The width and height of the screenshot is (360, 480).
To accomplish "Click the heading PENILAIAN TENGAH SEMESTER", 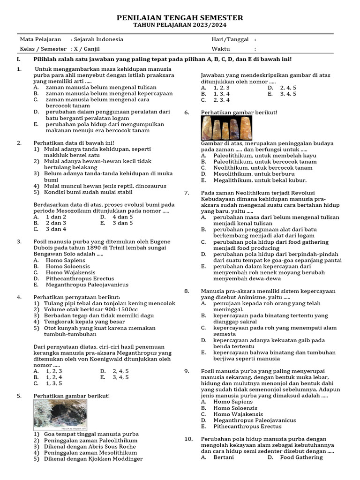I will point(180,18).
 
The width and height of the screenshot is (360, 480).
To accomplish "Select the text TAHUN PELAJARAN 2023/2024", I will point(180,25).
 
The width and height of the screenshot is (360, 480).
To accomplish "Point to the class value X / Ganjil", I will point(86,49).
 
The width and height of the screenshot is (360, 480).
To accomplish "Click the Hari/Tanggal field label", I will point(230,39).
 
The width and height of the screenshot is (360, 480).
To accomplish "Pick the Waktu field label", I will point(220,49).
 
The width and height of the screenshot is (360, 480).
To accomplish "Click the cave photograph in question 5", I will point(60,415).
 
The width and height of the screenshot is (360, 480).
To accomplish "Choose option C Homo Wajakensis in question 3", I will point(70,272).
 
